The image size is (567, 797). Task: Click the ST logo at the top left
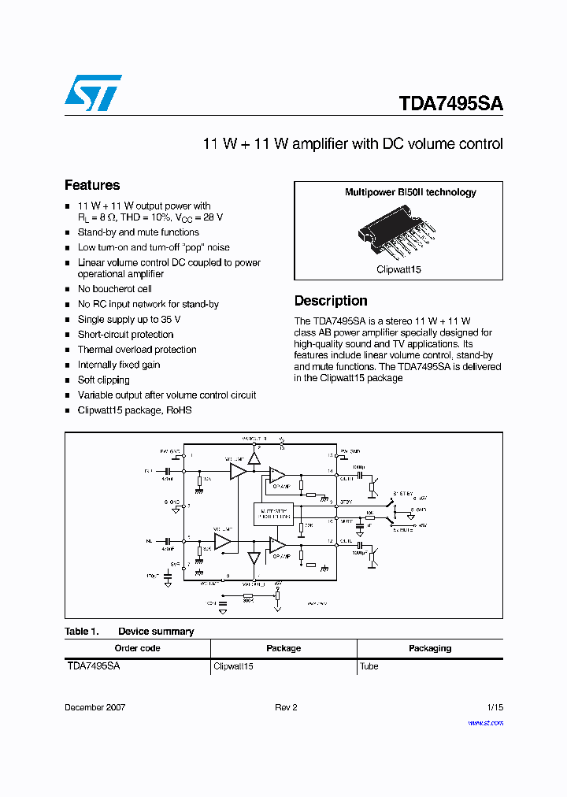click(x=93, y=93)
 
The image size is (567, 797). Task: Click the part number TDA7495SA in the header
click(x=450, y=104)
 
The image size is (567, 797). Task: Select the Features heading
click(x=92, y=185)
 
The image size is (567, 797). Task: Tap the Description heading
click(x=331, y=301)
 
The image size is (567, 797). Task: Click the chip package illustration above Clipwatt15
click(x=399, y=233)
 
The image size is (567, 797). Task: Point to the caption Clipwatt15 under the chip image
click(x=398, y=269)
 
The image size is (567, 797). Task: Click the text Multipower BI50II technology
click(x=410, y=192)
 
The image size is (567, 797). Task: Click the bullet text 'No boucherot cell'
click(x=114, y=289)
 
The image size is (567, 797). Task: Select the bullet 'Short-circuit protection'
click(x=125, y=335)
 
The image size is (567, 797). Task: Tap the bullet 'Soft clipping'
click(x=103, y=380)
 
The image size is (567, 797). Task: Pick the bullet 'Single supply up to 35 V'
click(x=129, y=320)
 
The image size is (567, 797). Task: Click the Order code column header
click(x=137, y=648)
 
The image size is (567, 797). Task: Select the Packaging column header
click(x=430, y=648)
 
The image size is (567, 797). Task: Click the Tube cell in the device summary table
click(x=369, y=666)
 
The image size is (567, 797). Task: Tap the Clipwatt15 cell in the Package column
click(x=233, y=666)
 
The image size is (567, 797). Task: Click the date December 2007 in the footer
click(x=94, y=707)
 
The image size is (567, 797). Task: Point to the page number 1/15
click(x=495, y=707)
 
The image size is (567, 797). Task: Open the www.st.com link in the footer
click(x=485, y=722)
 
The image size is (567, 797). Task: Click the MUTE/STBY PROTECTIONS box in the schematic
click(x=272, y=513)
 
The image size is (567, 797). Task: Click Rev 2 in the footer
click(x=286, y=707)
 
